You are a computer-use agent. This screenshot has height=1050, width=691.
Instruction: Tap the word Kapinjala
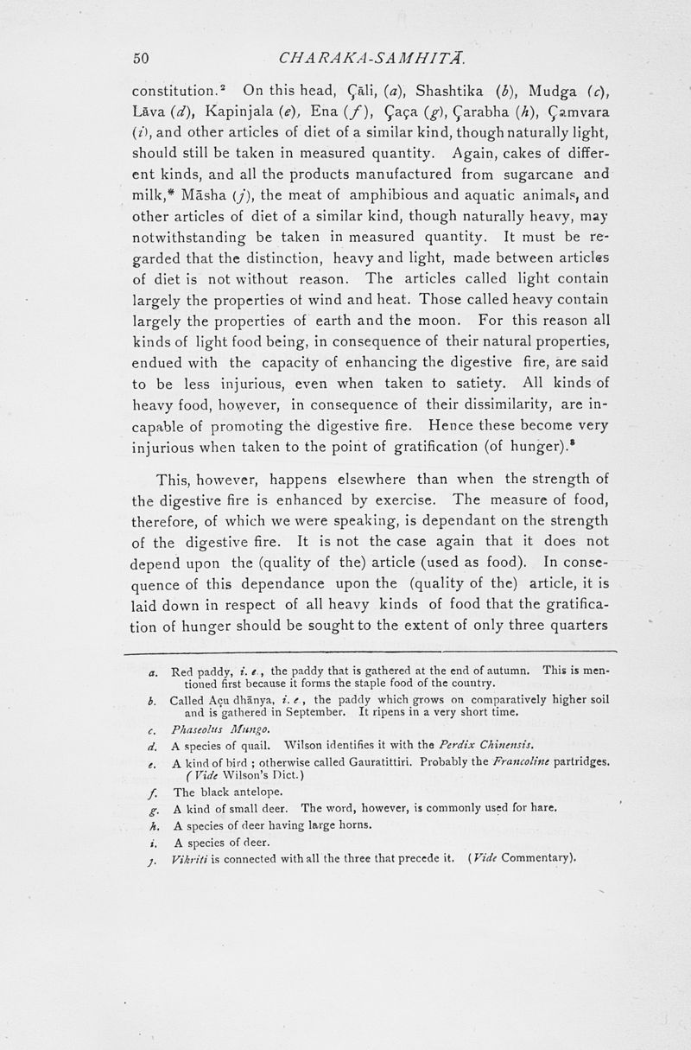[x=223, y=112]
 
